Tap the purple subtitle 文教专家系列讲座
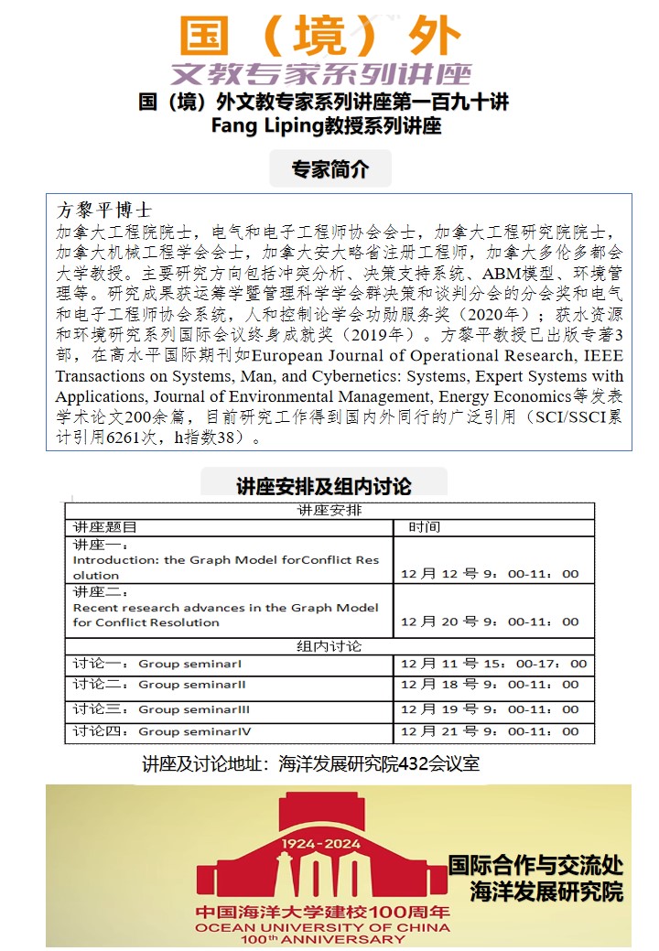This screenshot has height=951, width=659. [x=320, y=73]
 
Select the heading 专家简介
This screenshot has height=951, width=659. [x=329, y=169]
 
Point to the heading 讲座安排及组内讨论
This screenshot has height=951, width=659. [x=324, y=486]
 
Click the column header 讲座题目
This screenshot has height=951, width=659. [x=104, y=527]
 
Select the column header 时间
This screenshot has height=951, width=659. [x=424, y=527]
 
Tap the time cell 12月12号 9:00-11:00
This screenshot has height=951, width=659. [x=490, y=574]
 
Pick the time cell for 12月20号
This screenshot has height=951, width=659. [x=490, y=621]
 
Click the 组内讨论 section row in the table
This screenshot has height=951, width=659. [x=329, y=646]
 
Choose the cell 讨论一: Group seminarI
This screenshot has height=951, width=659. [x=157, y=664]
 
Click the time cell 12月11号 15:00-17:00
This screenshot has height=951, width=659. [x=493, y=664]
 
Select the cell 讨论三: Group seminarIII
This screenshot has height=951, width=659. [x=162, y=709]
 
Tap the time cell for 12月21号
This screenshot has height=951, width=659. [x=490, y=731]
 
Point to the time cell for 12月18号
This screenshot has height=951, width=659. [x=490, y=685]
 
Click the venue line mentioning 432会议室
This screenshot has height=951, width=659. [x=311, y=763]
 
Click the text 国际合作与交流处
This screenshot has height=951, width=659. [x=535, y=864]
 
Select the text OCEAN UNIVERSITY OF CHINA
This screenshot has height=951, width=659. [x=322, y=927]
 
